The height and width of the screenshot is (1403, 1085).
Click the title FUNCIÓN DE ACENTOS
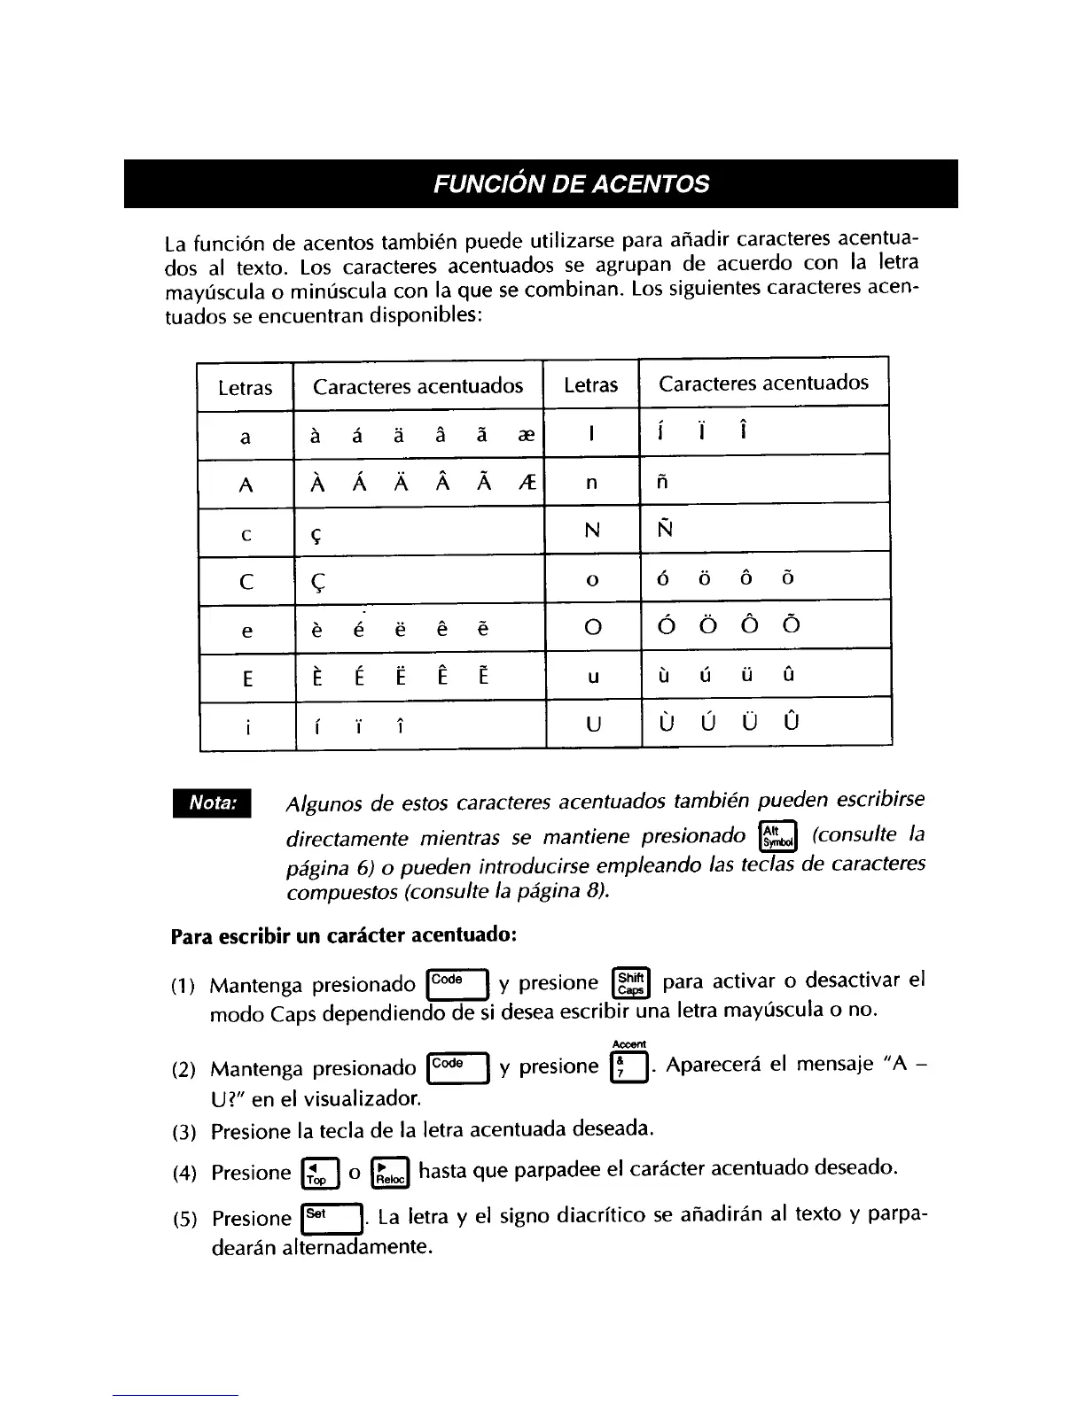coord(571,184)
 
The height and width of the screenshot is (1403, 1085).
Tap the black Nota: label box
coord(213,802)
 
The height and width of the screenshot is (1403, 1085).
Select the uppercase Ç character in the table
coord(319,582)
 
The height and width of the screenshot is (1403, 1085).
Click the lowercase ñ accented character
coord(663,482)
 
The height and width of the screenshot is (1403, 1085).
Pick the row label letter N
coord(592,531)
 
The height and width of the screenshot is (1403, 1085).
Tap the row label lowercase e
coord(246,631)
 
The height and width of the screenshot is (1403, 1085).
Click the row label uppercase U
coord(594,724)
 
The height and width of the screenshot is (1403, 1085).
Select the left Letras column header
coord(246,388)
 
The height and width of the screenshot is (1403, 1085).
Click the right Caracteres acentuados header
coord(763,383)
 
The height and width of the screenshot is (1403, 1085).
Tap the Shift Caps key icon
coord(631,983)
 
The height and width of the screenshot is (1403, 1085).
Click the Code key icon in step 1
coord(457,983)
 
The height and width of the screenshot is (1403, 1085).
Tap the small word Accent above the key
coord(629,1044)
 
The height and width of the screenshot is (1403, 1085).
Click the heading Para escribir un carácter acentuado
coord(344,935)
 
